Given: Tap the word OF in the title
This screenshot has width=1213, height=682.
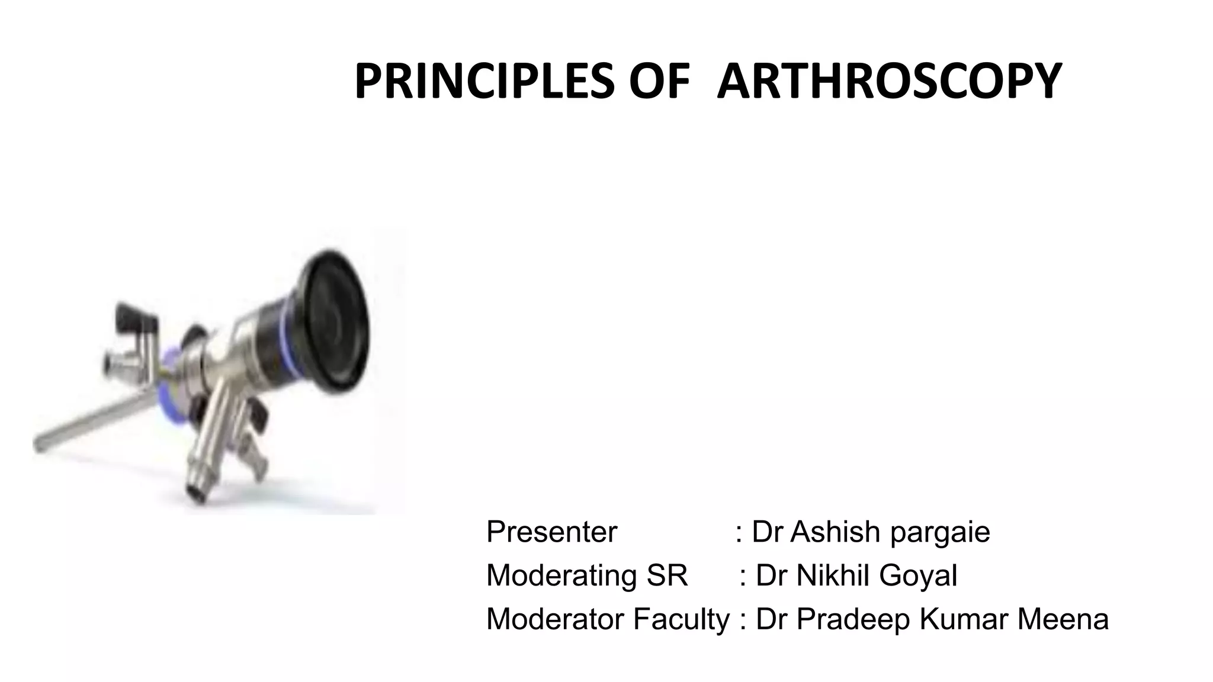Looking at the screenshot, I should click(x=659, y=82).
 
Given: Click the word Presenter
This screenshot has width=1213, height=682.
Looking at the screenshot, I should click(x=551, y=532).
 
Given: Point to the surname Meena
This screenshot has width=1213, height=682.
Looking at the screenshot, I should click(x=1063, y=619).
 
